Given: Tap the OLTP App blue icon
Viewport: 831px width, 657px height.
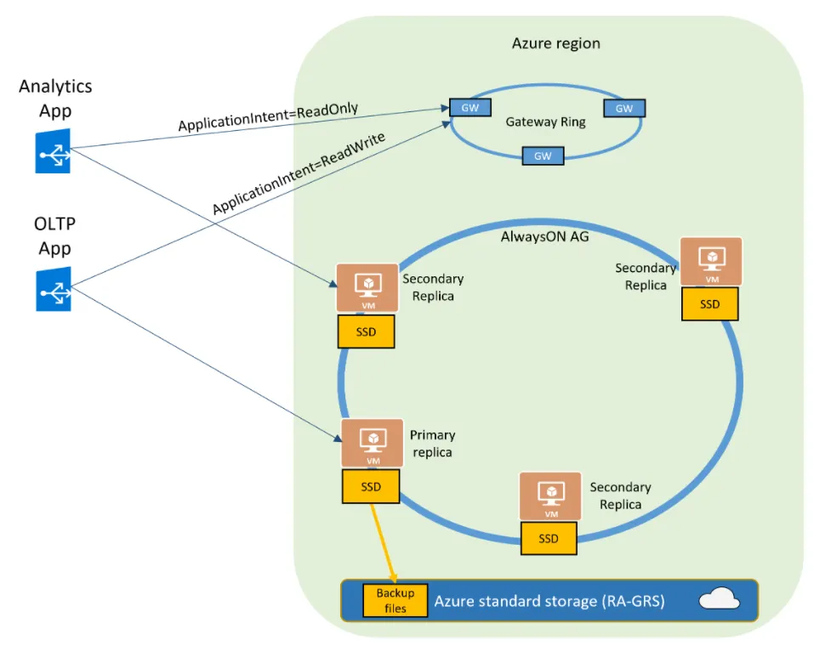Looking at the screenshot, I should point(53,291).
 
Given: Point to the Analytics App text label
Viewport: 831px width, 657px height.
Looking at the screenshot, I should point(55,99).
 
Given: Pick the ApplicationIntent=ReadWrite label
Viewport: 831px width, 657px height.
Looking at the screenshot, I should point(298,174).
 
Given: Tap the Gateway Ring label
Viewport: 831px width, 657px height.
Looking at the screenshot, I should point(545,122).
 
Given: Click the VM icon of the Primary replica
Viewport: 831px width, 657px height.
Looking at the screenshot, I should point(373,443).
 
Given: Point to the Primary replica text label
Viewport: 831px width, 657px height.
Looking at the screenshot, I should point(432,444).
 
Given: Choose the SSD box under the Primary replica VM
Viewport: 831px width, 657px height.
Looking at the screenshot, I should point(371,487).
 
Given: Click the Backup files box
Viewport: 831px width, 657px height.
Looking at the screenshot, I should point(395,601).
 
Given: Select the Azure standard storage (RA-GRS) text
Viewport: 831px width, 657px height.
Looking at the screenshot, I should point(549,602).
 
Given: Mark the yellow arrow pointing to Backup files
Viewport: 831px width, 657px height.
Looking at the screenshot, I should point(384,543).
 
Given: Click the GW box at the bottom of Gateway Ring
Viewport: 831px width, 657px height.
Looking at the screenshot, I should point(543,156).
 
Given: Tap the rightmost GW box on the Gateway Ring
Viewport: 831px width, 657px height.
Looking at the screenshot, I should point(624,108).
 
